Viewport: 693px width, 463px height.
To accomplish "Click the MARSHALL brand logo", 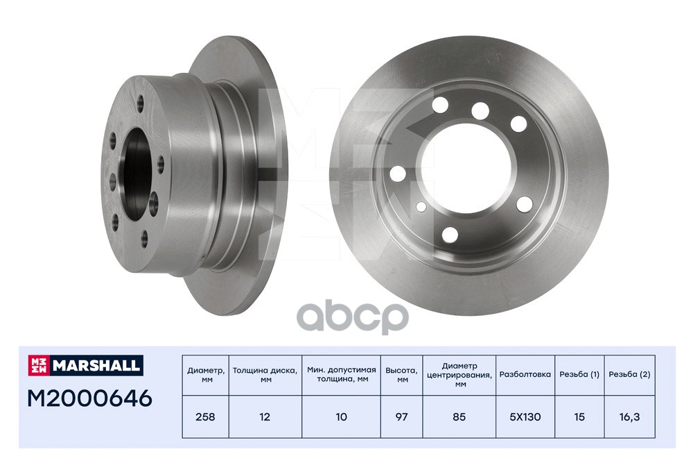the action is point(86,365).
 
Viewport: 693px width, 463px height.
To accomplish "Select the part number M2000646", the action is point(89,398).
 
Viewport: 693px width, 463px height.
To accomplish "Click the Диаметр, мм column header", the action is point(206,375).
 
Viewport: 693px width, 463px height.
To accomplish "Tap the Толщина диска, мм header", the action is point(265,375).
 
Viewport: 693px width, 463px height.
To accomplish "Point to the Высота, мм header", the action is point(401,375).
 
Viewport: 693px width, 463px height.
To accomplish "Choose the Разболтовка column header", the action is point(525,374).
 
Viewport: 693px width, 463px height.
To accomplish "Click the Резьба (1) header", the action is point(579,374).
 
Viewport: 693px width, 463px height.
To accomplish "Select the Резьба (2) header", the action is point(629,374).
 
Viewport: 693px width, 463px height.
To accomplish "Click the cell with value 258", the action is point(206,417).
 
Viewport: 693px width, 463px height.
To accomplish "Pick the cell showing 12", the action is point(265,417).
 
